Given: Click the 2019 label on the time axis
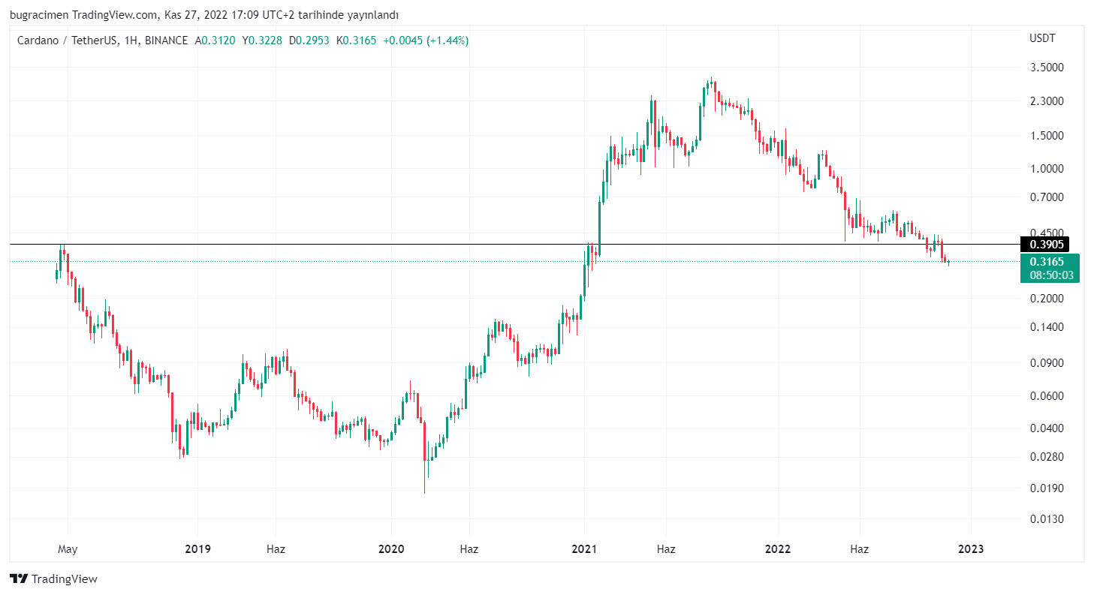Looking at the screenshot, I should (x=197, y=549).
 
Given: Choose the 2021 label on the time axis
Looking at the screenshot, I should (x=584, y=549).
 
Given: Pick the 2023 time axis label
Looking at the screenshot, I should (x=970, y=549).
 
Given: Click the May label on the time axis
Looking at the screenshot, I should (x=68, y=549).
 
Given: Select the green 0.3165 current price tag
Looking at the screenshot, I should (x=1047, y=262).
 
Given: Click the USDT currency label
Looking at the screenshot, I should (x=1041, y=38).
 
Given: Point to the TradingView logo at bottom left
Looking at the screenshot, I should (x=53, y=578).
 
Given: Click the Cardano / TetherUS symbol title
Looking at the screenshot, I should (x=67, y=41).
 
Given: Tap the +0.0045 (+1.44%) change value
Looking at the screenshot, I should (x=426, y=41).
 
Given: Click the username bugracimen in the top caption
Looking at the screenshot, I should (x=36, y=15).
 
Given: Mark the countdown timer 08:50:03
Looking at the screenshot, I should (x=1050, y=275).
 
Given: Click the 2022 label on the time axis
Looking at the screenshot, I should (x=777, y=549).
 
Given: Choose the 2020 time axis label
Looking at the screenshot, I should (x=391, y=549).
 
